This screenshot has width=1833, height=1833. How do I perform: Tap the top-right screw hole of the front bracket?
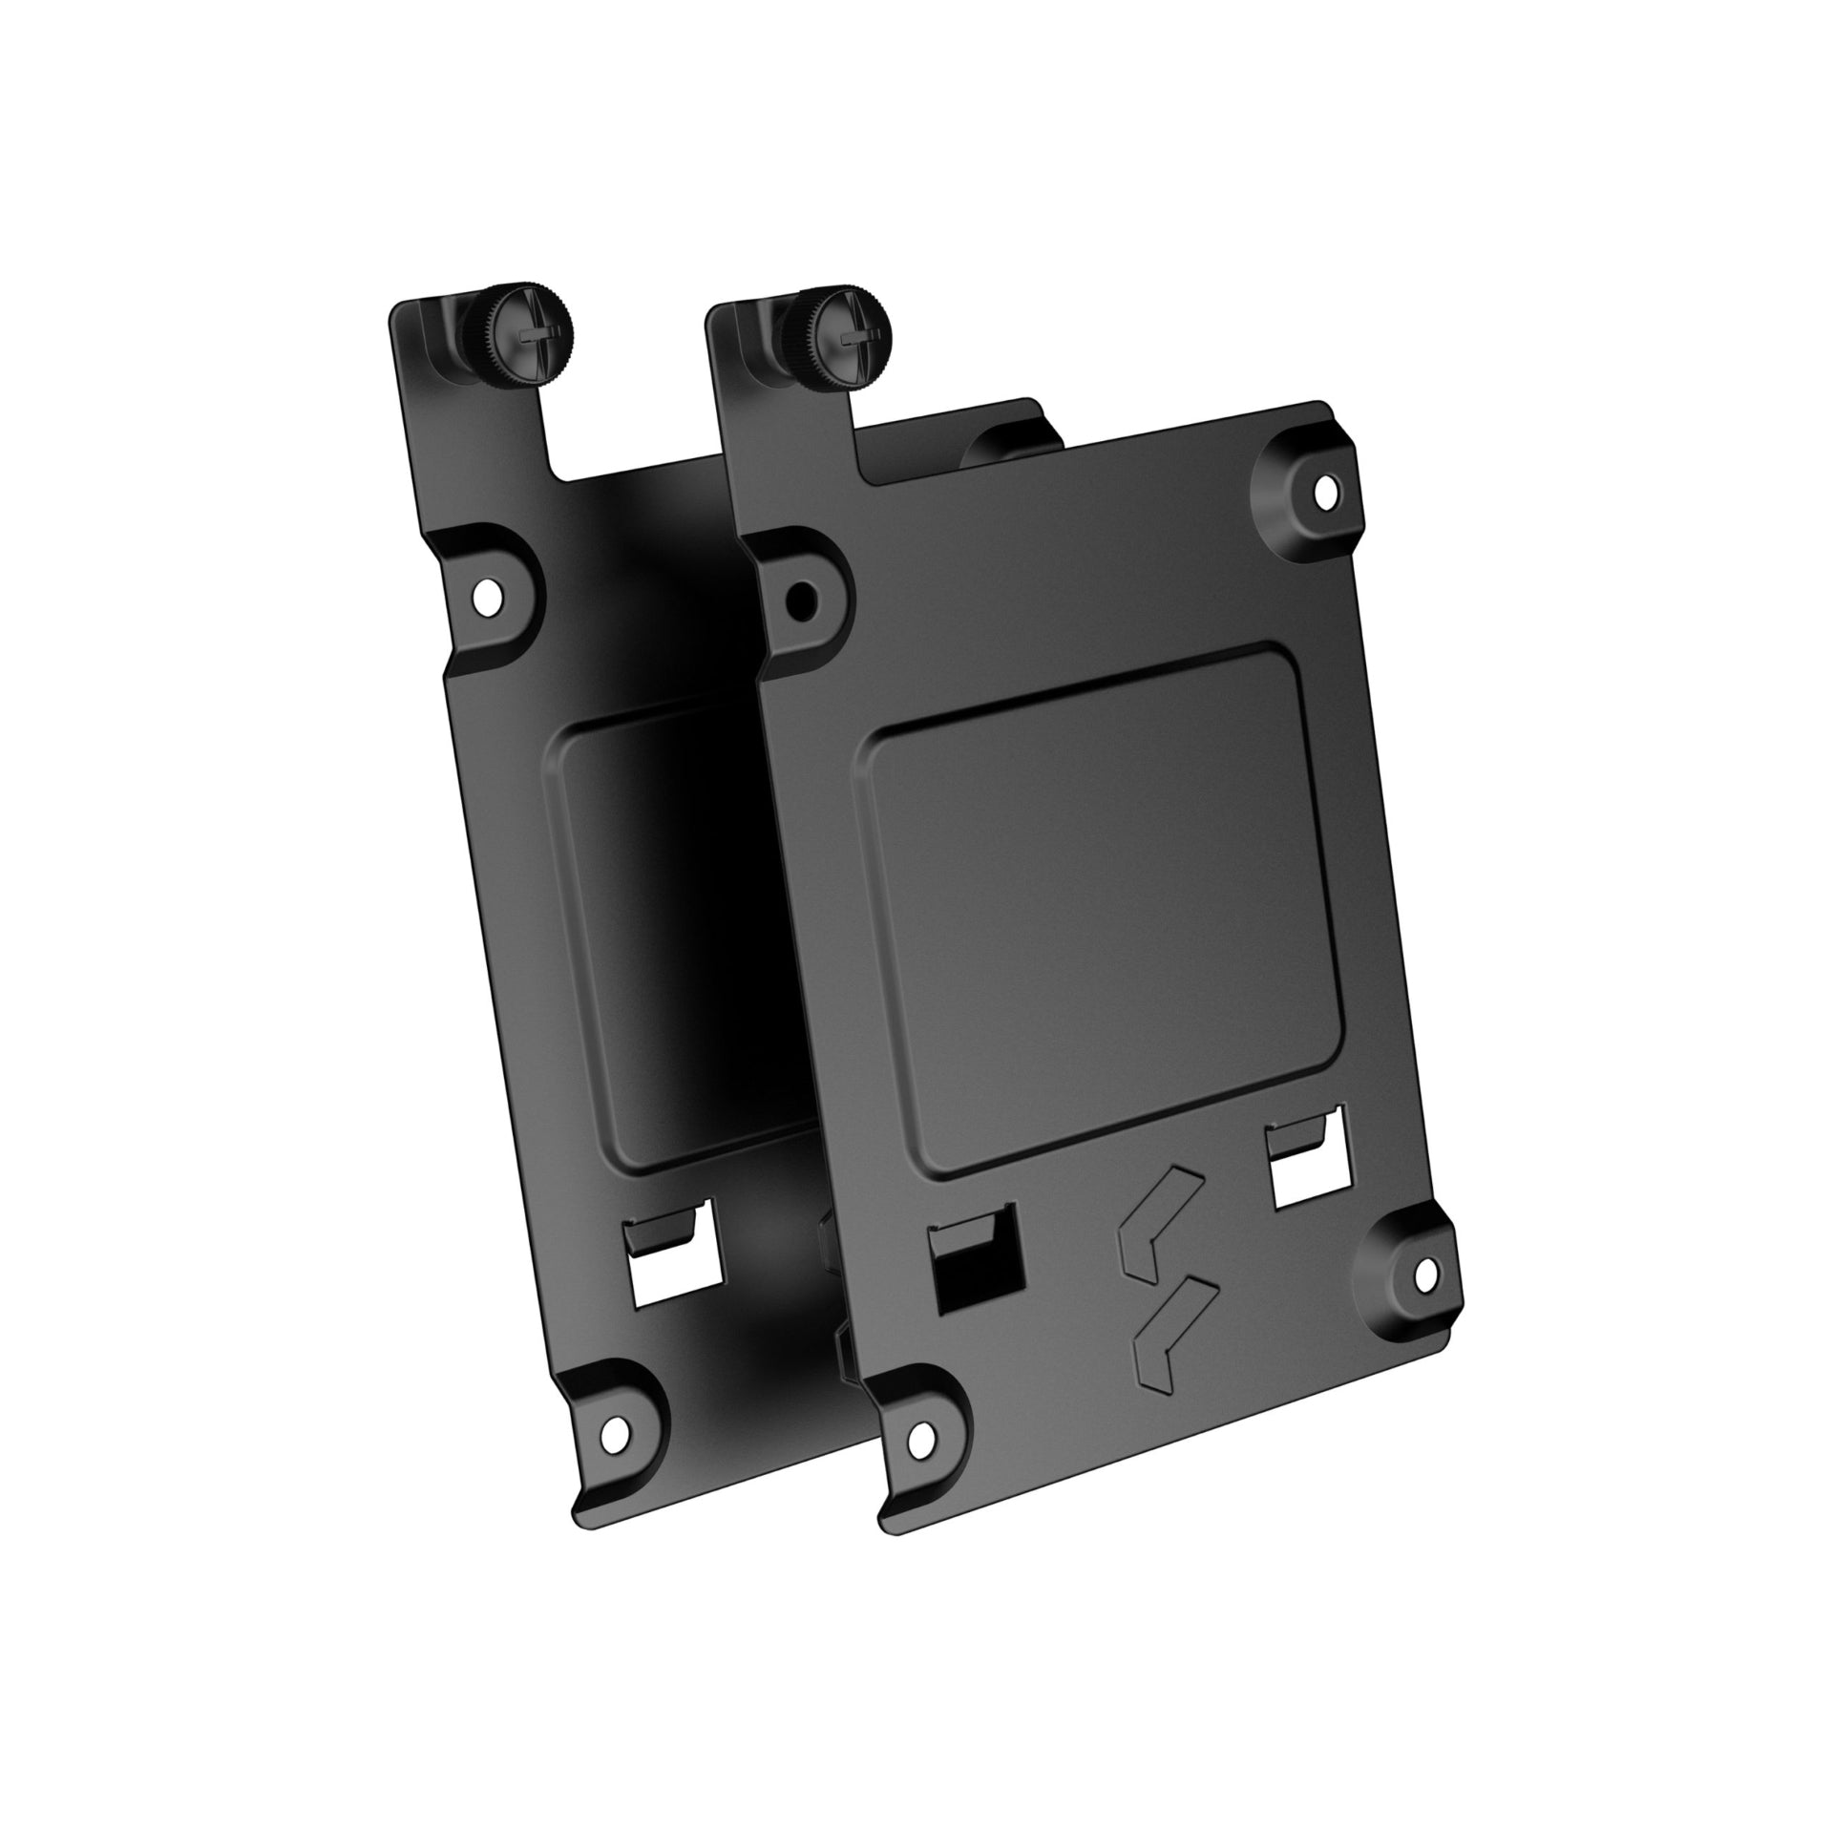[1324, 493]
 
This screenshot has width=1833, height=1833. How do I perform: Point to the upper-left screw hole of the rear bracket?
[489, 595]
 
